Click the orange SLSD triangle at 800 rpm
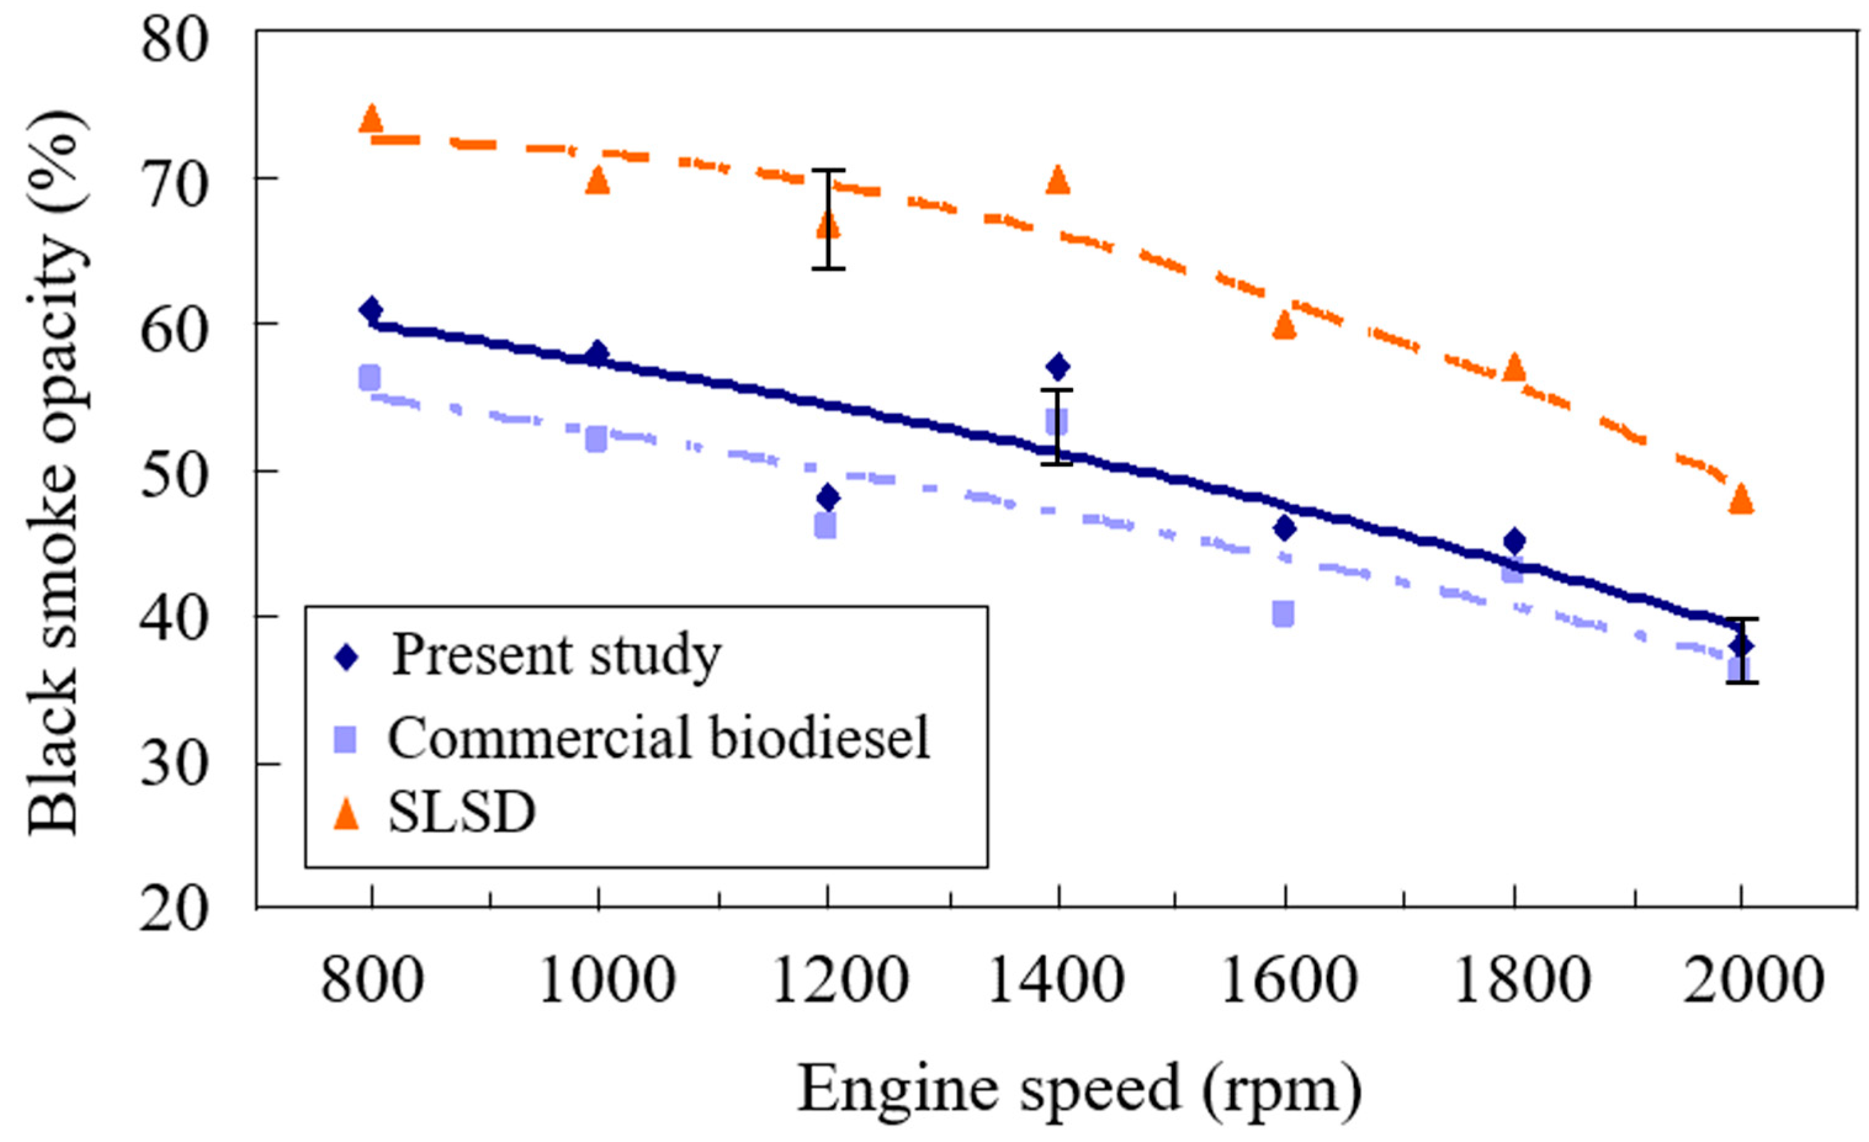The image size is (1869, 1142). coord(371,118)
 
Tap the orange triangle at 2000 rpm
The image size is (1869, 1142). coord(1741,499)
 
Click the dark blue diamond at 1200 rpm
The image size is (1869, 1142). coord(829,498)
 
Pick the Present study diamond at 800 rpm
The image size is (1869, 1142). coord(371,309)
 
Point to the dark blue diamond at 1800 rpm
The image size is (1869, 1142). coord(1514,541)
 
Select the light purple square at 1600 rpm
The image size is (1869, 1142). coord(1283,613)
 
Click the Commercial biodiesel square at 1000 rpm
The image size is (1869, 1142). coord(597,439)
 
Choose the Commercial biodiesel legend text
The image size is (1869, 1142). coord(659,737)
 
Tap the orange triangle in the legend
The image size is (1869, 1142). coord(347,815)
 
